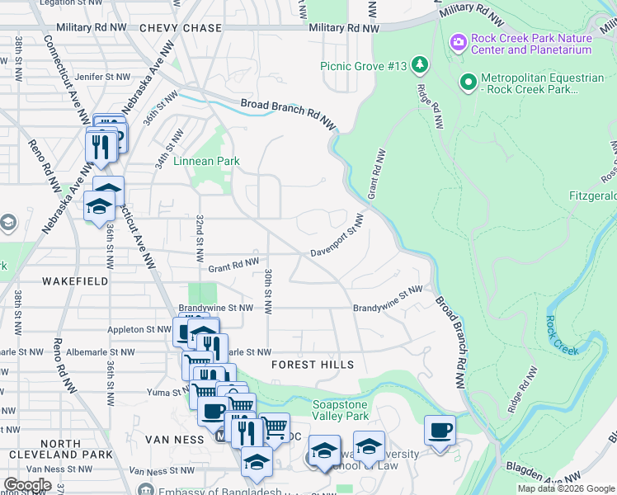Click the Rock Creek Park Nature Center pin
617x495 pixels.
click(x=457, y=41)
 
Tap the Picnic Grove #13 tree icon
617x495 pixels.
click(x=421, y=64)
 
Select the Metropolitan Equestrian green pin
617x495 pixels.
click(x=469, y=82)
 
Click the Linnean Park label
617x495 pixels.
click(x=206, y=161)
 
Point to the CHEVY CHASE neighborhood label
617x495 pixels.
click(x=181, y=28)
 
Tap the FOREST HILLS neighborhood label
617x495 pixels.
click(x=313, y=365)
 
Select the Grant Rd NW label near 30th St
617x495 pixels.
click(x=234, y=266)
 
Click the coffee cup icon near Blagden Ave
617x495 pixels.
click(x=440, y=431)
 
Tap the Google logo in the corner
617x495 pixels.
click(x=28, y=485)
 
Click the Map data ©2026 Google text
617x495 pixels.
click(x=567, y=488)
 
